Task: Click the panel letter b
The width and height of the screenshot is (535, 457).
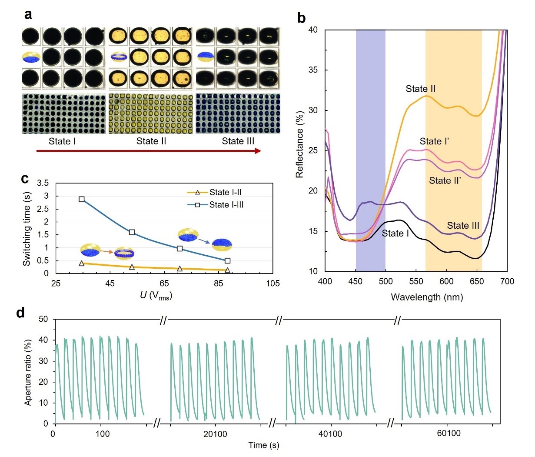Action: (x=302, y=18)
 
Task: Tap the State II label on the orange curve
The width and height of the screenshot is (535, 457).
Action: (x=420, y=89)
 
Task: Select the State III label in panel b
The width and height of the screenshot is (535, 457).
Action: (x=463, y=225)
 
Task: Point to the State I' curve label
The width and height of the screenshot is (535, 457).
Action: (x=434, y=141)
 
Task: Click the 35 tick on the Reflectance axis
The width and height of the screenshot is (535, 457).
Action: (x=313, y=70)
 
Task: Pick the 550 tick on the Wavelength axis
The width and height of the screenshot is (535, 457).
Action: (x=416, y=281)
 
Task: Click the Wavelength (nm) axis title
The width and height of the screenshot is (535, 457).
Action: (x=427, y=297)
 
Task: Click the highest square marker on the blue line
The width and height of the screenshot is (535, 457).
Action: (x=82, y=199)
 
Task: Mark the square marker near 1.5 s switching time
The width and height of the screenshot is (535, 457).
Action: (x=132, y=232)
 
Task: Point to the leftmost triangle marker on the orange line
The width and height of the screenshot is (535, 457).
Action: (x=82, y=264)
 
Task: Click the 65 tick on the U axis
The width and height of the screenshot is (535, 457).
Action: (x=164, y=284)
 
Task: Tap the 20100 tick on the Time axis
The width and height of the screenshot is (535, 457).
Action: (x=215, y=434)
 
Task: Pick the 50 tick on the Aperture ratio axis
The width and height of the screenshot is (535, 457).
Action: (x=44, y=320)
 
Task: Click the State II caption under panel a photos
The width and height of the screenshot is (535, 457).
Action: (x=151, y=141)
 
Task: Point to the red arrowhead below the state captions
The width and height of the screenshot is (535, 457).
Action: (x=258, y=151)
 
